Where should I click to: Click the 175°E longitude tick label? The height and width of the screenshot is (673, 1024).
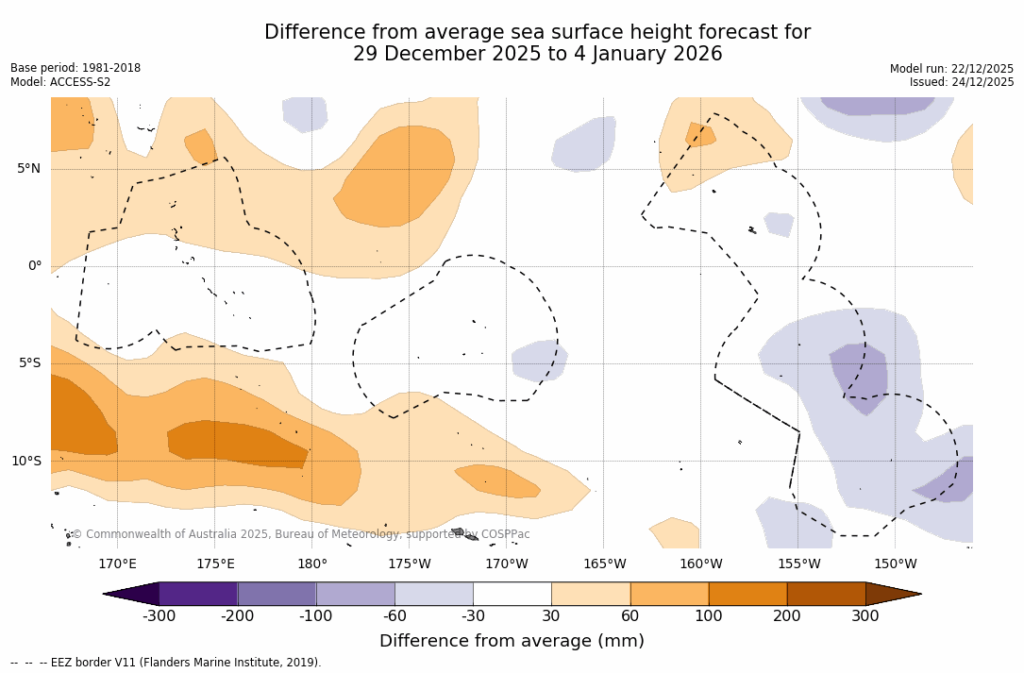(215, 564)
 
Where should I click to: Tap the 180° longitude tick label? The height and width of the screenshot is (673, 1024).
(312, 564)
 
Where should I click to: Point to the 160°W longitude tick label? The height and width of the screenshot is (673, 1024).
(701, 564)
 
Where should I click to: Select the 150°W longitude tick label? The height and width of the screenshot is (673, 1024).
(895, 564)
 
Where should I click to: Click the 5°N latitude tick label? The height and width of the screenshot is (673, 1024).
(28, 169)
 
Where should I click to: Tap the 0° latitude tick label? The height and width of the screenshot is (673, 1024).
(34, 266)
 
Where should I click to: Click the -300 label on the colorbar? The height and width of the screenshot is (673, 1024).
(159, 616)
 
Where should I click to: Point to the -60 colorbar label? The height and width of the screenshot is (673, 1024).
(394, 616)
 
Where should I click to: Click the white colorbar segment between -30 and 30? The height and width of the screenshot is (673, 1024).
(512, 594)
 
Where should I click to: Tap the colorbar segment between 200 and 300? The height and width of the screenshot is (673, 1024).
(826, 594)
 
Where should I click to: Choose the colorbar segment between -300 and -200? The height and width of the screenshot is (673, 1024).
(198, 594)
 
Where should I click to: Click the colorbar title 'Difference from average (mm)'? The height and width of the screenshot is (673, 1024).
(512, 642)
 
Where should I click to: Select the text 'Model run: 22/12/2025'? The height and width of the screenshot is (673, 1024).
(951, 69)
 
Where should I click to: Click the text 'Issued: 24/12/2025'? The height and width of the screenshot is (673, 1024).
(962, 82)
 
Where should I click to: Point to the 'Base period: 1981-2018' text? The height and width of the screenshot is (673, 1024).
(76, 68)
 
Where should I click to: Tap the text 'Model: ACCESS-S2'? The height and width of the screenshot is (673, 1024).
(60, 82)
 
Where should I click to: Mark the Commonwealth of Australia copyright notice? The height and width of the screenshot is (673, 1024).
(301, 534)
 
